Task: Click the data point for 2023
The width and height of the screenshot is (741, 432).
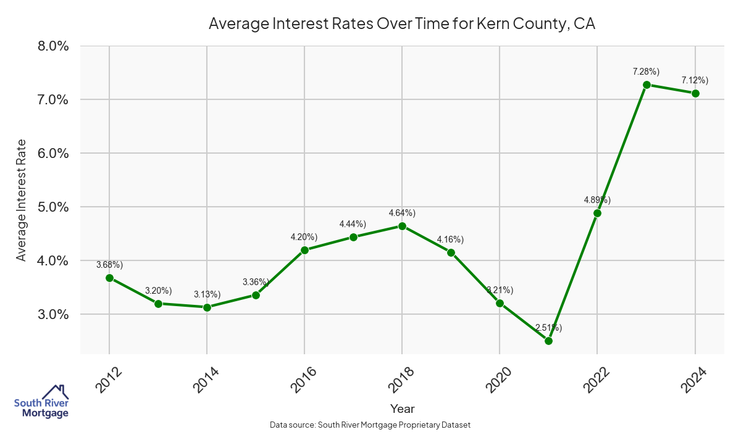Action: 647,85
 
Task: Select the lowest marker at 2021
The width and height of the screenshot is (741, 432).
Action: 548,341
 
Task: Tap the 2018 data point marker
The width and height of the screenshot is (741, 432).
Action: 402,226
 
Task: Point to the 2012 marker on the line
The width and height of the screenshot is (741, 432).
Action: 109,278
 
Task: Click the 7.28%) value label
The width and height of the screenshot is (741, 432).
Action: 646,72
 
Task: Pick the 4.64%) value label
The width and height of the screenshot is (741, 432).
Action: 402,214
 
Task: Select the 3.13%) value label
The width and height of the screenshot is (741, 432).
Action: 207,294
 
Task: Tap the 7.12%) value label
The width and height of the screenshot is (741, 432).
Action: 695,80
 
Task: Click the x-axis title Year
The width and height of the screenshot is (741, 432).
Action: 403,409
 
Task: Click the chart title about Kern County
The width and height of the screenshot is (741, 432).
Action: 401,24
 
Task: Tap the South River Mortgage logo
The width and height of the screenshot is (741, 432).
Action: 41,401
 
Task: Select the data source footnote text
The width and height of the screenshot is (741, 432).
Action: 371,425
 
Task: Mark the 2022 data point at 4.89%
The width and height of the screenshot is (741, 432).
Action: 597,213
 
